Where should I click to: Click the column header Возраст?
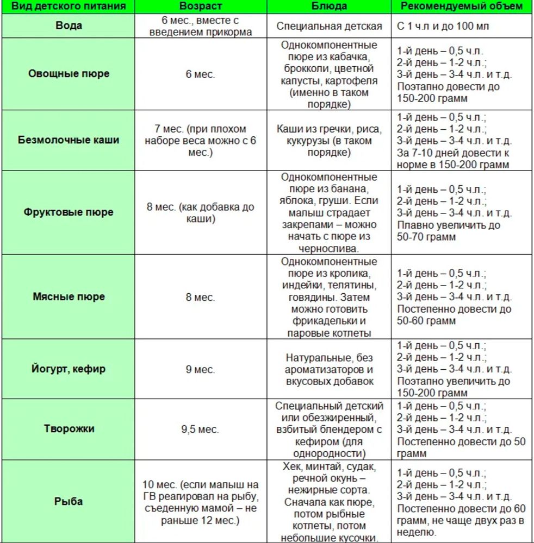200,7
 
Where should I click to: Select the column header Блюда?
329,7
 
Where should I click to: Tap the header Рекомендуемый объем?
462,7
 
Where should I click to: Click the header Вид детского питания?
69,7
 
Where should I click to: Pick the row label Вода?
69,26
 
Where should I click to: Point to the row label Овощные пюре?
69,74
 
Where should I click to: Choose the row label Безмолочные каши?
69,140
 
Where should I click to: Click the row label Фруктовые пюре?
69,212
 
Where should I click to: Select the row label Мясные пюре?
69,297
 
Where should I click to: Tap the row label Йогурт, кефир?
69,369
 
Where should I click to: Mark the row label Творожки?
69,429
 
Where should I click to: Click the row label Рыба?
69,501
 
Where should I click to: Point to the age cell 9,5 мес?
200,430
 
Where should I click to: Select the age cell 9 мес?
200,370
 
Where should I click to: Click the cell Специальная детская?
329,26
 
